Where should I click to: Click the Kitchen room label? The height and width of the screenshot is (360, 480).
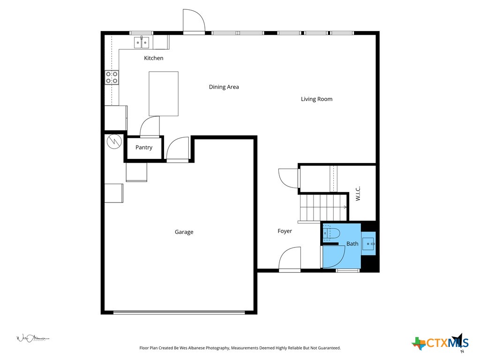pyautogui.click(x=153, y=58)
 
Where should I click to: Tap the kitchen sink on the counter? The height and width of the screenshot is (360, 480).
pyautogui.click(x=142, y=43)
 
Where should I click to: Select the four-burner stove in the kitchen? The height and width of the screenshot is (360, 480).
pyautogui.click(x=112, y=77)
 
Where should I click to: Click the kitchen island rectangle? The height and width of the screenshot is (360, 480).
pyautogui.click(x=164, y=94)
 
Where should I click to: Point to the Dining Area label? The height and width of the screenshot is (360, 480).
pyautogui.click(x=224, y=87)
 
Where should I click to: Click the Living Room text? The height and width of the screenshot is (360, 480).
pyautogui.click(x=316, y=99)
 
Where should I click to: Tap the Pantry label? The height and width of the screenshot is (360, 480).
pyautogui.click(x=144, y=147)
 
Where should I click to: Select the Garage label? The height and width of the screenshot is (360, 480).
pyautogui.click(x=184, y=232)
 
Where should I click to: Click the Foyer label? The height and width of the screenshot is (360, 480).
pyautogui.click(x=285, y=231)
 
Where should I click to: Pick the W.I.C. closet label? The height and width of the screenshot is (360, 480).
pyautogui.click(x=358, y=194)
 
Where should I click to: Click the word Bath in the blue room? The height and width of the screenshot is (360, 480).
pyautogui.click(x=352, y=244)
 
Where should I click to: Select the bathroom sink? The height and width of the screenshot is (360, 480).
pyautogui.click(x=369, y=244)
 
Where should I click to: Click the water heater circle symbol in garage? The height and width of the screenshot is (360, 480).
pyautogui.click(x=113, y=142)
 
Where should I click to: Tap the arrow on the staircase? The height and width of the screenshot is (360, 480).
pyautogui.click(x=345, y=207)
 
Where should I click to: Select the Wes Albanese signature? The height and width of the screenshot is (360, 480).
pyautogui.click(x=33, y=338)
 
